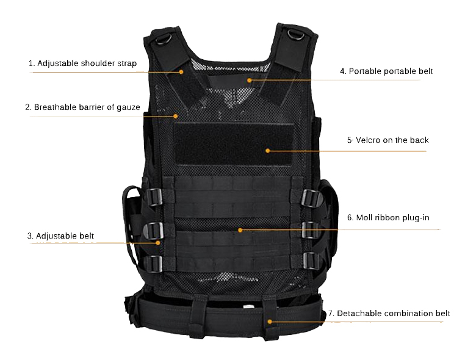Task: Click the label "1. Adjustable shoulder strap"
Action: (x=82, y=63)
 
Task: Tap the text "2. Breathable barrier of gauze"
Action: (x=82, y=107)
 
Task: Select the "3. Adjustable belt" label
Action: (x=60, y=236)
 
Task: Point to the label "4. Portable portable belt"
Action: (x=386, y=71)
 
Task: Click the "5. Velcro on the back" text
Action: (x=388, y=140)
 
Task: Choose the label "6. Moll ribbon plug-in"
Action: (x=388, y=218)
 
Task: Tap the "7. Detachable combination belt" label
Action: (x=389, y=314)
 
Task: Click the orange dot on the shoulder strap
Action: (x=181, y=72)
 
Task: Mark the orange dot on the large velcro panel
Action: (x=268, y=151)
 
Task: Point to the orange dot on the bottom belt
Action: (x=270, y=322)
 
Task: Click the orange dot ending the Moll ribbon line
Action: (x=240, y=230)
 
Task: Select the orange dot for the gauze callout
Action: (x=176, y=117)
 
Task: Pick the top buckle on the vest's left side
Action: (x=154, y=196)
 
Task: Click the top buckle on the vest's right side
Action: (x=311, y=198)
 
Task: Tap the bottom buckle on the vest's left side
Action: (x=153, y=264)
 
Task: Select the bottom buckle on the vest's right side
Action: (x=311, y=261)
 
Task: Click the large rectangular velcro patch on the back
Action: (x=234, y=144)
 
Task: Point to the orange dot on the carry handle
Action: (x=250, y=80)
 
